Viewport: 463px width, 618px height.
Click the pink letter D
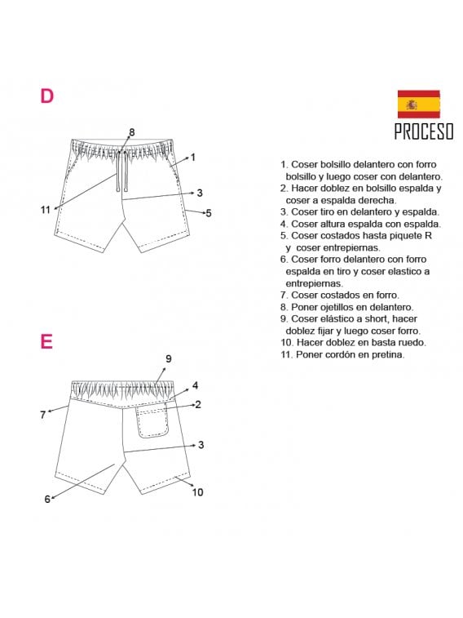[x=47, y=96]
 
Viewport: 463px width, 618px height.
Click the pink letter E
[x=46, y=341]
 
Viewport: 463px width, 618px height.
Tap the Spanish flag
[x=418, y=104]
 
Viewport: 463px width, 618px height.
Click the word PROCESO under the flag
[x=423, y=132]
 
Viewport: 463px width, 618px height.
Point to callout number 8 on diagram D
[x=131, y=132]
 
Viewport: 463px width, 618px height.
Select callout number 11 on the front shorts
[x=46, y=210]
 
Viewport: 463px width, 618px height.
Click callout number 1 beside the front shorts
[x=193, y=157]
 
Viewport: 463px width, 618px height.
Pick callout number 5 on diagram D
[x=209, y=213]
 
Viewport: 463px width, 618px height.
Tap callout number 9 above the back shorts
[x=168, y=358]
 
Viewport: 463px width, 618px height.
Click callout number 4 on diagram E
[x=196, y=385]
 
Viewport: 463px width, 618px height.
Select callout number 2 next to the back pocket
[x=198, y=403]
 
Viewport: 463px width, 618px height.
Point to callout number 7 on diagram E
[x=42, y=415]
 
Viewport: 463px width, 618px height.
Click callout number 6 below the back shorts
[x=47, y=499]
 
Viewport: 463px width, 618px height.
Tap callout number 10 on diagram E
[x=197, y=492]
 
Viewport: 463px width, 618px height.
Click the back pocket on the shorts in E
[x=152, y=421]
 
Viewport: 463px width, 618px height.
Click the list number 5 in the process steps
[x=283, y=236]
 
